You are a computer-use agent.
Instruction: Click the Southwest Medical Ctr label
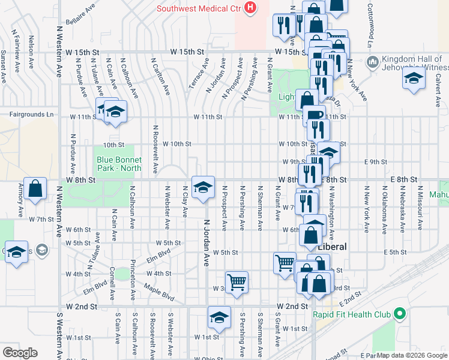coord(199,8)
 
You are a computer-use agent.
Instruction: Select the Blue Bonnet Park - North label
coord(119,164)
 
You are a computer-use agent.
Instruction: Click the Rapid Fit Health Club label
coord(351,314)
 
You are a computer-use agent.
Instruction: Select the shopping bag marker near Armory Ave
coord(35,188)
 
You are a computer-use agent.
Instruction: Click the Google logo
coord(20,353)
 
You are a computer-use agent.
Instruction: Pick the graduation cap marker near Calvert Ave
coord(414,79)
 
